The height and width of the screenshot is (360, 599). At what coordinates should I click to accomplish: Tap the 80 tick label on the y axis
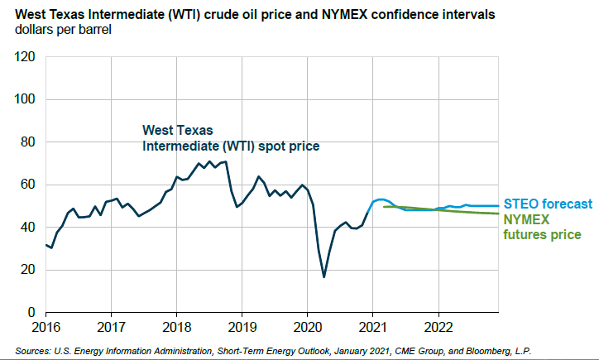(27, 142)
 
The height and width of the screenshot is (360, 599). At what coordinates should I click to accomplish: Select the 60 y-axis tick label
(27, 185)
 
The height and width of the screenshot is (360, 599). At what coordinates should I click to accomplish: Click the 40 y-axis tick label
(27, 228)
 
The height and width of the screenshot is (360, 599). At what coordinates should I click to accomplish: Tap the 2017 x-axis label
(111, 325)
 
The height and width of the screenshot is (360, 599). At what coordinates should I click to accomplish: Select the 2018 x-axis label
(176, 325)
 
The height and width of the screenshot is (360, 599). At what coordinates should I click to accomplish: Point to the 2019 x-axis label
(242, 325)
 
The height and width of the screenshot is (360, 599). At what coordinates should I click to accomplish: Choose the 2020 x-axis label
(307, 325)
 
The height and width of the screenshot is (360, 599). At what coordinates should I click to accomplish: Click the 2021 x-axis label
(372, 325)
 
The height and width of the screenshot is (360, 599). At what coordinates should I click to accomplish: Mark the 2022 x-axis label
(438, 325)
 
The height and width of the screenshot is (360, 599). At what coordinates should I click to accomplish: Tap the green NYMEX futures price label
(542, 228)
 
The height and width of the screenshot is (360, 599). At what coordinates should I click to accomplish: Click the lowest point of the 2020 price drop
(323, 276)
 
